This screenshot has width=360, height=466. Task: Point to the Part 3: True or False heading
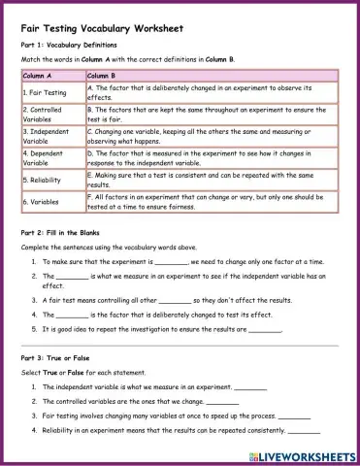63,359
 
